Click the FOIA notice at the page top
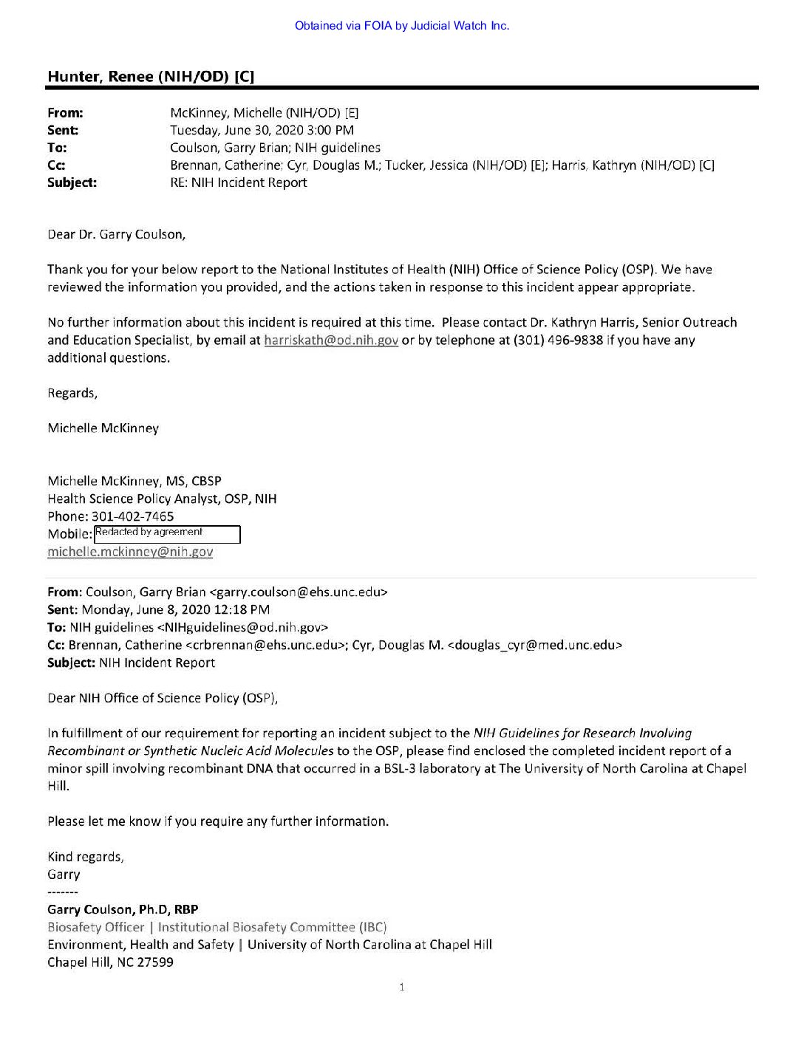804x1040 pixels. tap(401, 26)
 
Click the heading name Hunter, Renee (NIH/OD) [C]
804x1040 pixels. tap(151, 77)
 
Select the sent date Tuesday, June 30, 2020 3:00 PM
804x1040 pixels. tap(262, 130)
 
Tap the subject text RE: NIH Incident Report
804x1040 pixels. tap(238, 182)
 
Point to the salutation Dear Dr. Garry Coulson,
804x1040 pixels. tap(117, 234)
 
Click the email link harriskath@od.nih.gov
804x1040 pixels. tap(331, 341)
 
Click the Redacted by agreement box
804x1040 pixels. tap(167, 533)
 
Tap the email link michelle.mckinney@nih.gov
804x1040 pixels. tap(130, 552)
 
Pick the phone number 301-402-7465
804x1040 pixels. tap(133, 516)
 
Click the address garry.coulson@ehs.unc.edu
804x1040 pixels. tap(299, 592)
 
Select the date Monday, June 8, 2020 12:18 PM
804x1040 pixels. tap(176, 609)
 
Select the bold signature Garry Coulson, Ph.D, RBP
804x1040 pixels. tap(123, 909)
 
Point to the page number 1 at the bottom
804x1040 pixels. tap(401, 987)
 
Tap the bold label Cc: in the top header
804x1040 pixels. tap(56, 165)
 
